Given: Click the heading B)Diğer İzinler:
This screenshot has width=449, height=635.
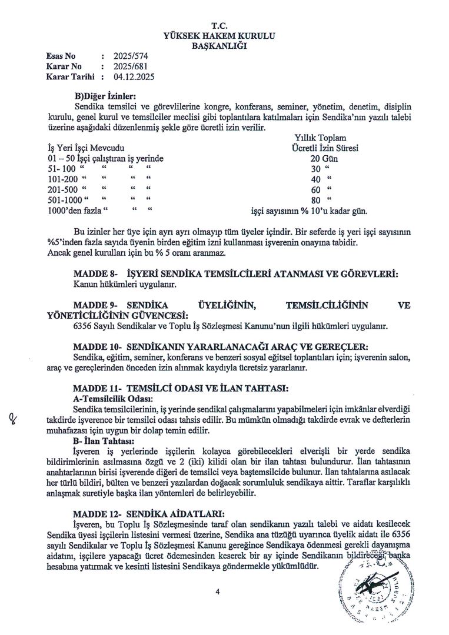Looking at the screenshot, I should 105,96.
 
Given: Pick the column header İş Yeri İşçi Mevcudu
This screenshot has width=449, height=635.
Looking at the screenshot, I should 86,148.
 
